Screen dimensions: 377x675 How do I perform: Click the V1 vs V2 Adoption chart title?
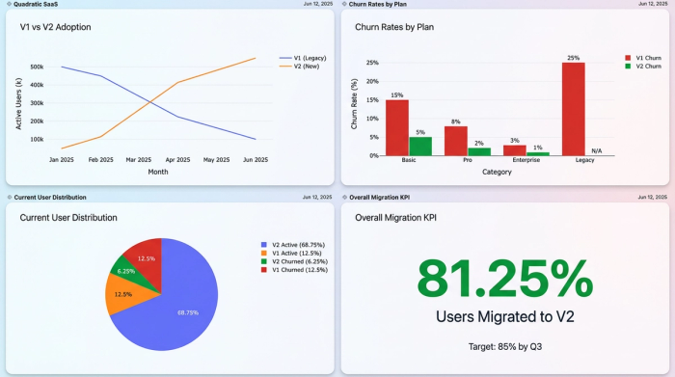pos(56,27)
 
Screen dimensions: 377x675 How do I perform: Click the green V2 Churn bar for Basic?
pos(420,146)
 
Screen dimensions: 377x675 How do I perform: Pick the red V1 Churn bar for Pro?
pos(456,141)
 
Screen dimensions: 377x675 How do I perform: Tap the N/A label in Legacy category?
pos(597,150)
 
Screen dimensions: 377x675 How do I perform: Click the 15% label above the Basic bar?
pos(397,94)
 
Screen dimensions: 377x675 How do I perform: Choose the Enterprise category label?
pos(526,160)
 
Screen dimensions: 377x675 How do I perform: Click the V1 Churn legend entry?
pos(646,58)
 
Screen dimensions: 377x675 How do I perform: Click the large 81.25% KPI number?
pos(505,279)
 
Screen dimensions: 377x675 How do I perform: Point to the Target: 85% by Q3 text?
pos(505,344)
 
